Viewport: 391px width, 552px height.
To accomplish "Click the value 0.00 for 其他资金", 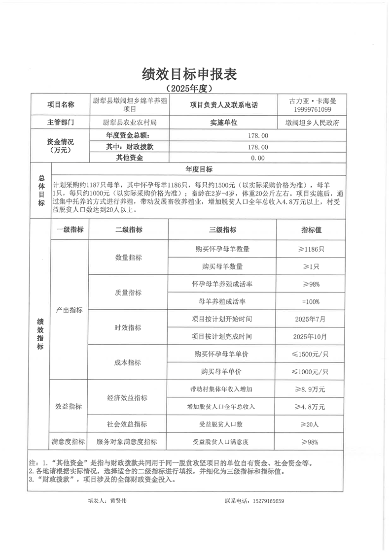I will (257, 158).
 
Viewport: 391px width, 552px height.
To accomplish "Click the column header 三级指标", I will (222, 230).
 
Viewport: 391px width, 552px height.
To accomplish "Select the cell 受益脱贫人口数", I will (222, 424).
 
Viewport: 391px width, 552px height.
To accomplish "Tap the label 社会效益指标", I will (128, 424).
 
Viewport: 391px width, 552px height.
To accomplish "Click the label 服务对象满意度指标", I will (128, 442).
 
